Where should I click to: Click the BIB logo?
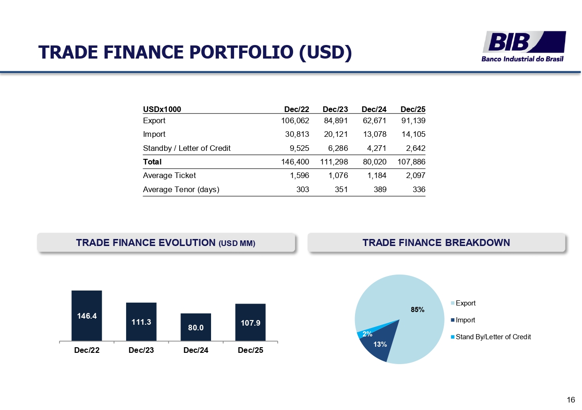click(x=524, y=46)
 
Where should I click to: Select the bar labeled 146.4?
click(x=87, y=315)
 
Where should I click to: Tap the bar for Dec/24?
click(x=196, y=327)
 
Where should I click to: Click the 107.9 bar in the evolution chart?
click(x=250, y=322)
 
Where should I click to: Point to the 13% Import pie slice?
click(x=379, y=343)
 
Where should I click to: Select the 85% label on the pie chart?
click(x=417, y=310)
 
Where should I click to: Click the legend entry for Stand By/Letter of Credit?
click(x=491, y=337)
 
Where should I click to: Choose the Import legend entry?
click(x=463, y=320)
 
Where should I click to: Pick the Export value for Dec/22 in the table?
click(x=295, y=120)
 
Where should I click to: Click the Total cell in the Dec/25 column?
click(x=411, y=162)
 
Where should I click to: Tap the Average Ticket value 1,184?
click(x=377, y=176)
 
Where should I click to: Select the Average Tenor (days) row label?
click(x=181, y=190)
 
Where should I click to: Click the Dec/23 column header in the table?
click(x=335, y=109)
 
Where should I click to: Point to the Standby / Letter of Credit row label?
click(x=187, y=148)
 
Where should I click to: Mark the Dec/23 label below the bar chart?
click(x=141, y=350)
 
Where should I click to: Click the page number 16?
click(x=571, y=400)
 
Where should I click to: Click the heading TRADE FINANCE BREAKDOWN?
click(x=436, y=243)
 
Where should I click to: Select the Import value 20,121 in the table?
click(x=336, y=134)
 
